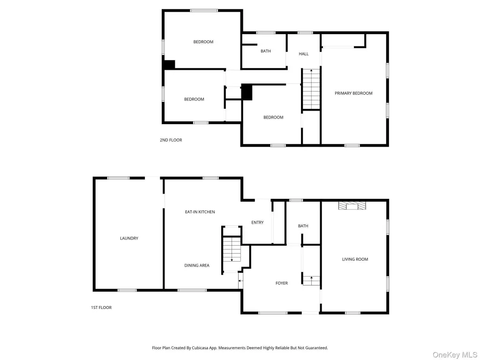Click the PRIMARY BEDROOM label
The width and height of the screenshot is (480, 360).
tap(353, 93)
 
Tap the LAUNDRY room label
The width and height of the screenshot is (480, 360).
tap(129, 238)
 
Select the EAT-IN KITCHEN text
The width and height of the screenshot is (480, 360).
tap(200, 212)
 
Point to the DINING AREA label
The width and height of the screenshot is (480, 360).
tap(197, 265)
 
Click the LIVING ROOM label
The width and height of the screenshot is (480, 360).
tap(355, 259)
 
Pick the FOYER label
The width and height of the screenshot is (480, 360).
tap(282, 283)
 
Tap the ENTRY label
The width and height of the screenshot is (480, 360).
tap(257, 223)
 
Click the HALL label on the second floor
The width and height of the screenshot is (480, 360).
tap(304, 54)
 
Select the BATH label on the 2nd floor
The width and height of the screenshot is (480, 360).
tap(266, 51)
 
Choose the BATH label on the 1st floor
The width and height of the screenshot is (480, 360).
tap(303, 226)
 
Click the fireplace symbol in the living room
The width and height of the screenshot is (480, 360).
tap(352, 205)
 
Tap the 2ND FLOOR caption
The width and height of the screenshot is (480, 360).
tap(171, 140)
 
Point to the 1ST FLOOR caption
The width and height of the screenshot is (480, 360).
tap(101, 307)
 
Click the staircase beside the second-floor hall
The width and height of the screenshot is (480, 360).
tap(311, 89)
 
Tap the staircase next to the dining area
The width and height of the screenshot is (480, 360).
tap(232, 249)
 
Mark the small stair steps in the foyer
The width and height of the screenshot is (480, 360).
tap(311, 281)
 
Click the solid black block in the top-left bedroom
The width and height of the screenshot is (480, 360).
tap(169, 64)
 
